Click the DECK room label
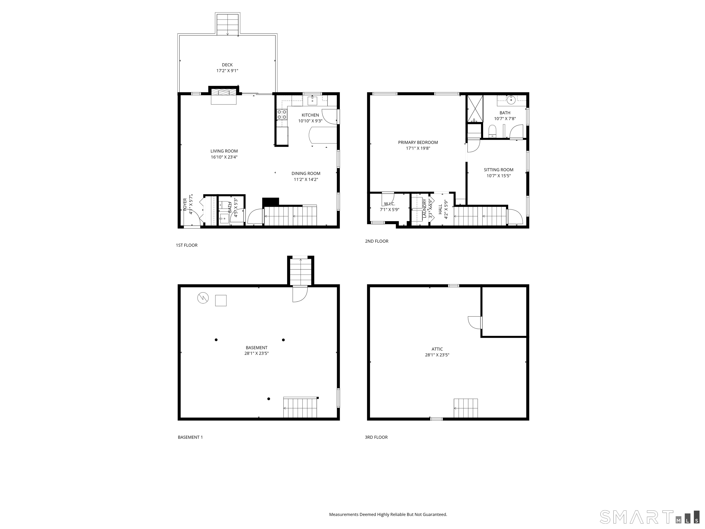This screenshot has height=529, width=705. [227, 65]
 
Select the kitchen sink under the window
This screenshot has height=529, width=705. [312, 101]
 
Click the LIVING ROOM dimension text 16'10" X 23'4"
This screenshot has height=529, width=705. [224, 157]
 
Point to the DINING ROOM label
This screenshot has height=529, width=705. [306, 174]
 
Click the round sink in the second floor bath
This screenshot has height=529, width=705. [511, 100]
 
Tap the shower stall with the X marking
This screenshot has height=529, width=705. [475, 109]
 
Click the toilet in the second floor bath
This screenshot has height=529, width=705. [492, 131]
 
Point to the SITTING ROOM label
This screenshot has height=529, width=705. [498, 170]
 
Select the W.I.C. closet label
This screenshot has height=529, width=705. [389, 204]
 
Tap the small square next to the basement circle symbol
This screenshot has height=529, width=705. [221, 300]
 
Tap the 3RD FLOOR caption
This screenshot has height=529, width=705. [376, 437]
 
